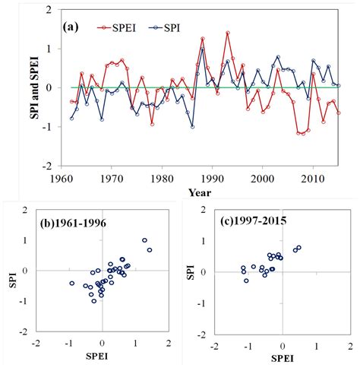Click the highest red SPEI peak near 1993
[x=227, y=33]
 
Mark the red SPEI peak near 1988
[x=203, y=39]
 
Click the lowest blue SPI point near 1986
[x=192, y=126]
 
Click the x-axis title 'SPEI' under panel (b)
[x=103, y=357]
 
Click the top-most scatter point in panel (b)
[x=144, y=240]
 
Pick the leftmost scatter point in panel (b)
[x=72, y=284]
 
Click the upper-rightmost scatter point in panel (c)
[x=298, y=247]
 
